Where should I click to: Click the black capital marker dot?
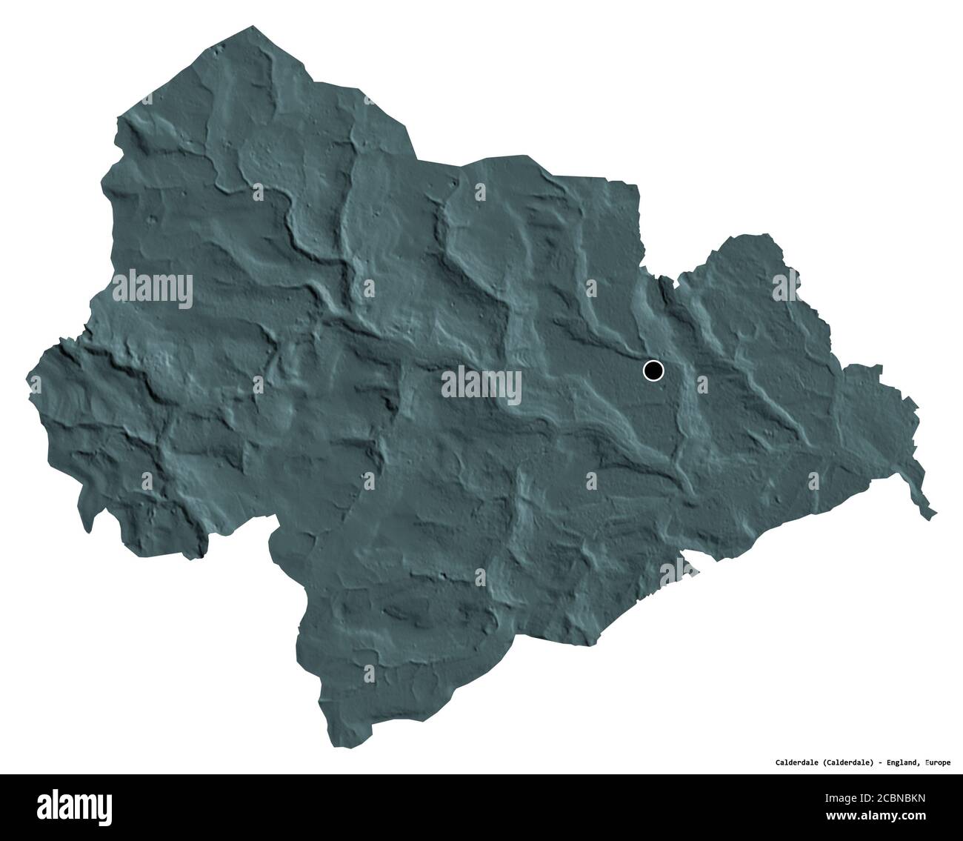click(653, 370)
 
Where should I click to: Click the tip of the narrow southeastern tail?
click(935, 513)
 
